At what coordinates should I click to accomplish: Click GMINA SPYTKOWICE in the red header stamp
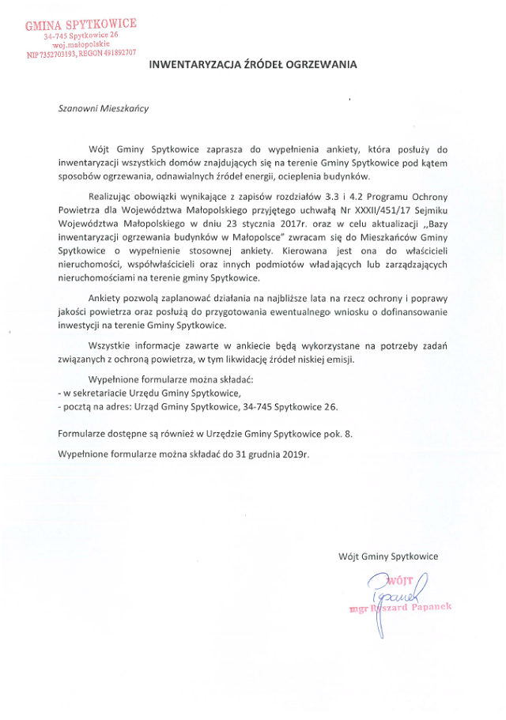tap(81, 25)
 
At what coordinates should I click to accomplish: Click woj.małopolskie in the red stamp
tap(81, 45)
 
